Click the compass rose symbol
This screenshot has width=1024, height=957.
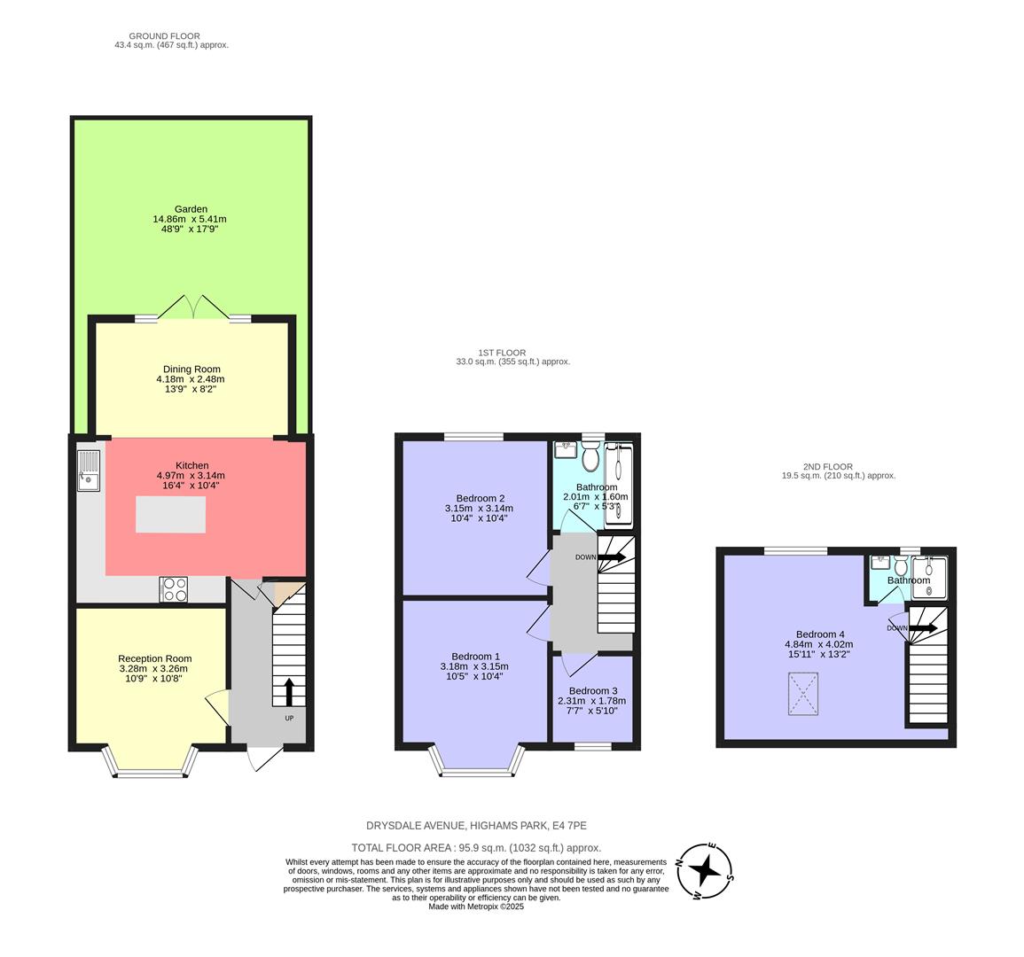(x=706, y=872)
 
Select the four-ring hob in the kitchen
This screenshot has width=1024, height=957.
(x=174, y=589)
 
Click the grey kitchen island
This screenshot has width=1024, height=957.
(x=170, y=515)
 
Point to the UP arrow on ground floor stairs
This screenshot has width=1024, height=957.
(x=289, y=691)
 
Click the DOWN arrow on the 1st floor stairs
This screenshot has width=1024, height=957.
(x=611, y=557)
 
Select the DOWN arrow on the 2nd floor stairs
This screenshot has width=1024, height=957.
(x=922, y=628)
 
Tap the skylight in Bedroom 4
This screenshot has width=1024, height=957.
(x=803, y=694)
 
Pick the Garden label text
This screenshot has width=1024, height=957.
(x=192, y=209)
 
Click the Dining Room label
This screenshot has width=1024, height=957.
(x=192, y=369)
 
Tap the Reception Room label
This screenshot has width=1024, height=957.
(x=154, y=658)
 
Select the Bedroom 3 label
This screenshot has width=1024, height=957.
(x=593, y=691)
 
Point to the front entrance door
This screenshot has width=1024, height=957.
(x=264, y=759)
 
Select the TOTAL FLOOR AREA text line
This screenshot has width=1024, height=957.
(x=476, y=848)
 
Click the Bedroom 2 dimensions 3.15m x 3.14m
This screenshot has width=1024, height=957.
(x=479, y=509)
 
